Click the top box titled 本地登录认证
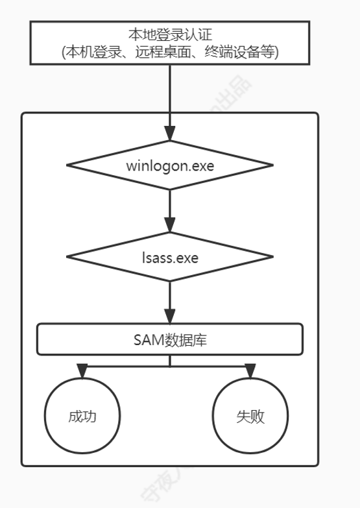pyautogui.click(x=170, y=42)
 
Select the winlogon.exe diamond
pyautogui.click(x=170, y=165)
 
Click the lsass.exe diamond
pyautogui.click(x=170, y=257)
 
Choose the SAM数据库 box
pyautogui.click(x=170, y=339)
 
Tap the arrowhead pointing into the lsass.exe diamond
pyautogui.click(x=170, y=227)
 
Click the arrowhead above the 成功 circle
pyautogui.click(x=83, y=372)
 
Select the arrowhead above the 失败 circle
pyautogui.click(x=250, y=372)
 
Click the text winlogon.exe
pyautogui.click(x=170, y=165)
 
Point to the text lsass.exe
pyautogui.click(x=170, y=257)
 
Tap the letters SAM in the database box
pyautogui.click(x=146, y=339)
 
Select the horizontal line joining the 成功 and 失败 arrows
pyautogui.click(x=130, y=365)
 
